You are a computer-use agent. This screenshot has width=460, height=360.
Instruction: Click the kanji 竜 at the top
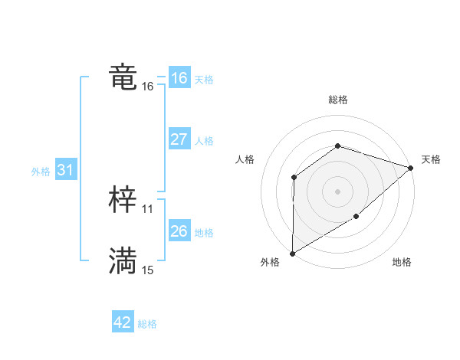[123, 77]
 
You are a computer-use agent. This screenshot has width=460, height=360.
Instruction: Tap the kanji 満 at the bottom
[123, 261]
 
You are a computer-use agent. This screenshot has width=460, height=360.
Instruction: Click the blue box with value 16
[179, 78]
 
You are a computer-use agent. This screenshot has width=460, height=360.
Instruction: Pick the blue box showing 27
[179, 139]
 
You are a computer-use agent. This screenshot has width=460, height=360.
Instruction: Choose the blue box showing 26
[179, 231]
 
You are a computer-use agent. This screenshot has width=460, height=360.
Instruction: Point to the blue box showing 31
[65, 170]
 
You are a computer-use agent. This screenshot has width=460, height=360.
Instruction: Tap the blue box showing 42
[123, 322]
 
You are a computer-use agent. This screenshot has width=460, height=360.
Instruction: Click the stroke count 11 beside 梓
[148, 208]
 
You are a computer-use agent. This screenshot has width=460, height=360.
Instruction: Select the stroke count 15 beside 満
[148, 270]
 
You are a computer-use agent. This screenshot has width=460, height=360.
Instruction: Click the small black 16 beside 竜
[148, 87]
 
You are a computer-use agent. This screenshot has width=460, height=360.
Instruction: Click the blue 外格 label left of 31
[41, 172]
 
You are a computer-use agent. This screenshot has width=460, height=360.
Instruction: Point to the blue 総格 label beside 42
[147, 324]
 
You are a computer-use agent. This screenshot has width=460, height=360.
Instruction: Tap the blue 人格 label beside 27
[204, 141]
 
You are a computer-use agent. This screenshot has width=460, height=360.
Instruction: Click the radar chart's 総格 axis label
[337, 100]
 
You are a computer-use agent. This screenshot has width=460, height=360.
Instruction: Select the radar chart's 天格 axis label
[431, 159]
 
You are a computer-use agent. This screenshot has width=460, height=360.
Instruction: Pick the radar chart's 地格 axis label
[402, 262]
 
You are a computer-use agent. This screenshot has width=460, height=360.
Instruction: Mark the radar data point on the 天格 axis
[411, 168]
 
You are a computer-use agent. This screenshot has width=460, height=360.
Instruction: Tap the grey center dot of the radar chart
[337, 191]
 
